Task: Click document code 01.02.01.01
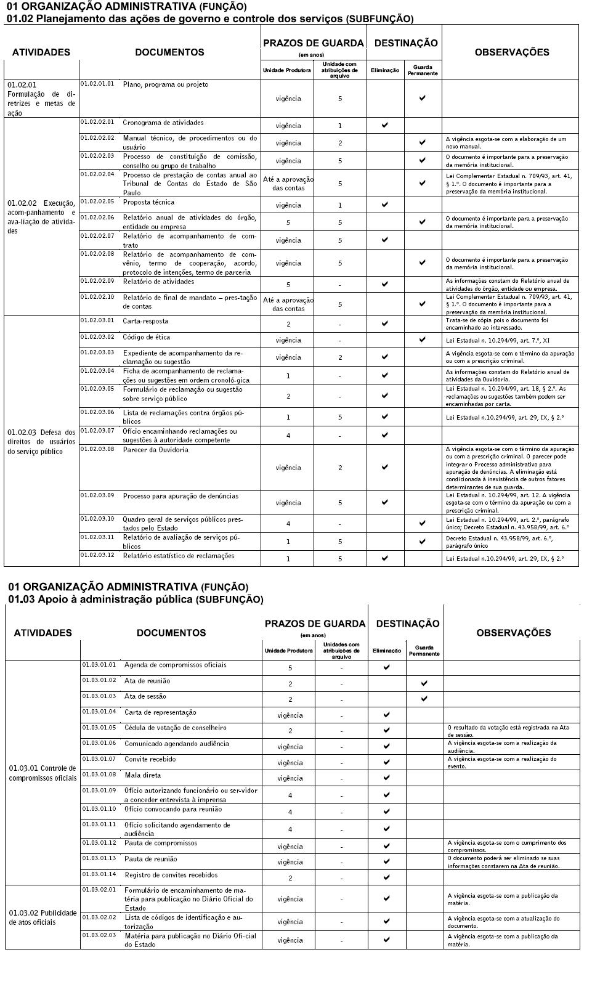97,84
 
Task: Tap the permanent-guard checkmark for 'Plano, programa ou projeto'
423,98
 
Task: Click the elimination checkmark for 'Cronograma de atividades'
385,125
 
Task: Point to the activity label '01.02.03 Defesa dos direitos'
41,442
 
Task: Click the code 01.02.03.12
97,555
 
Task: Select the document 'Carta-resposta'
145,321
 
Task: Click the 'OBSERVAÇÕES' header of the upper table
511,52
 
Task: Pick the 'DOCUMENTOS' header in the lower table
171,633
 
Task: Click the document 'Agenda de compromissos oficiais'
176,665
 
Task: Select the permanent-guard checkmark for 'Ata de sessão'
424,699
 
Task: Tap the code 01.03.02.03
99,935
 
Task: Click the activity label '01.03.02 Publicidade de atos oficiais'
43,917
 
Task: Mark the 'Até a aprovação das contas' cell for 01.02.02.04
288,183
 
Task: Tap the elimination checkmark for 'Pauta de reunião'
387,861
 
